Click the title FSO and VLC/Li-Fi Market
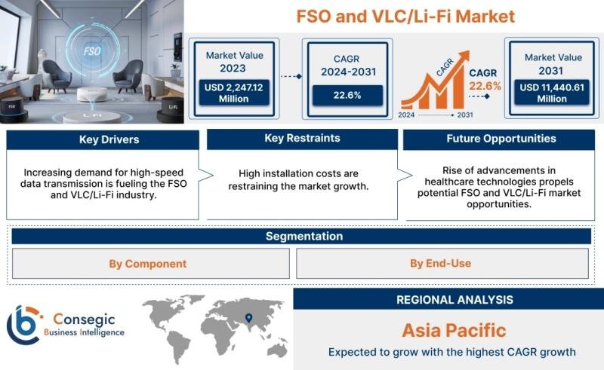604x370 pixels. [x=405, y=17]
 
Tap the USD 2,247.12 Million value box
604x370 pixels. [x=234, y=93]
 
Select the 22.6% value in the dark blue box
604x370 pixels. [x=347, y=96]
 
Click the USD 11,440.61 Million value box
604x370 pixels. [x=552, y=93]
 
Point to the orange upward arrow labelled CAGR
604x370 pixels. [x=436, y=81]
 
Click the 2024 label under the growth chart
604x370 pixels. [x=406, y=115]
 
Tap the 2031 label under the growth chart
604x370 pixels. [x=465, y=115]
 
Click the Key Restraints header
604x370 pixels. [x=303, y=139]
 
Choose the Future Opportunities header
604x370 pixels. [x=499, y=139]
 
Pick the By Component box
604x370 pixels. [x=150, y=264]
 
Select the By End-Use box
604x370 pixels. [x=442, y=264]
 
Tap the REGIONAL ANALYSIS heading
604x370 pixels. [x=455, y=300]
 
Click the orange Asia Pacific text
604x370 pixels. [x=455, y=330]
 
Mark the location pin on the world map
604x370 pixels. [x=249, y=318]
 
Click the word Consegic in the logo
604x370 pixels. [x=84, y=320]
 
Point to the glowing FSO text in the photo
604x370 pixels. [x=91, y=51]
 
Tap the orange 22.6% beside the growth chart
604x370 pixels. [x=485, y=86]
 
